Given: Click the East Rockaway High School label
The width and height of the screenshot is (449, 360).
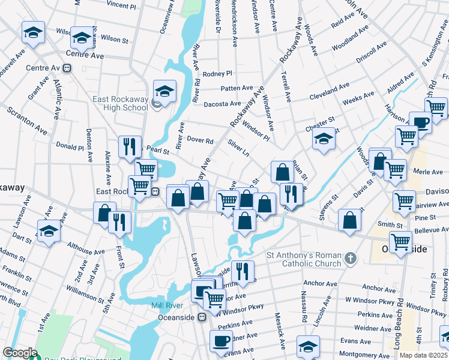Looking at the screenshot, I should (120, 103).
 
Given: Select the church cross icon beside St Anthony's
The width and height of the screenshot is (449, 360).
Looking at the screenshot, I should (351, 259).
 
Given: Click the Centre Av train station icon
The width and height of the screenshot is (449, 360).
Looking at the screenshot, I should (67, 68).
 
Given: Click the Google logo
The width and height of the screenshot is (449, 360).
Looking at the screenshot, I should (20, 353).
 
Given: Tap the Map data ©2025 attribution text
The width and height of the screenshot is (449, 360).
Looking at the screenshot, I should (424, 355).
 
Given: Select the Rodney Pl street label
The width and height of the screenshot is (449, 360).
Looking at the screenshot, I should (217, 74).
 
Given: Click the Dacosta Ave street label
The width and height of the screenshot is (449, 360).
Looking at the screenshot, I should (223, 104).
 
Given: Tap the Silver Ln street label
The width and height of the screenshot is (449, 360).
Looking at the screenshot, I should (238, 148).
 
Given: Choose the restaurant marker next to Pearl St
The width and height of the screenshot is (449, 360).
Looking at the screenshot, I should (130, 146).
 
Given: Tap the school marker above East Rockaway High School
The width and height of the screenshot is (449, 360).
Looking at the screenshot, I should (164, 92).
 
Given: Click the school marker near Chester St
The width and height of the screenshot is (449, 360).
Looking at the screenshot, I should (324, 139).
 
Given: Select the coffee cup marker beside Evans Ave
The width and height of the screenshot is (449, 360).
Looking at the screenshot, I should (221, 341).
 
